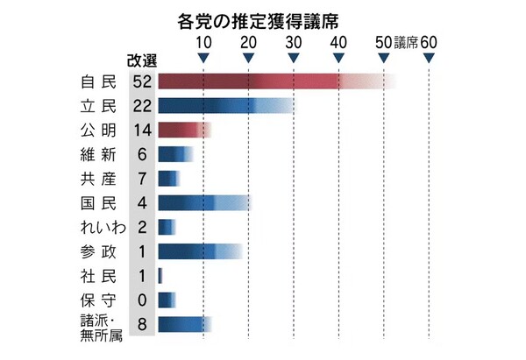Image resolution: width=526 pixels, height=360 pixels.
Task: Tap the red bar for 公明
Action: tap(182, 130)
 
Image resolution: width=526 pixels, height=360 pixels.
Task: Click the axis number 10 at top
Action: tap(203, 42)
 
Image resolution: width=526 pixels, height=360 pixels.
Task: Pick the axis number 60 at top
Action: tap(429, 42)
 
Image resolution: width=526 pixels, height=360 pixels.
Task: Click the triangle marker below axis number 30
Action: tap(293, 58)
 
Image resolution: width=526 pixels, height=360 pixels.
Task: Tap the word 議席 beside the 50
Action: tap(406, 42)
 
